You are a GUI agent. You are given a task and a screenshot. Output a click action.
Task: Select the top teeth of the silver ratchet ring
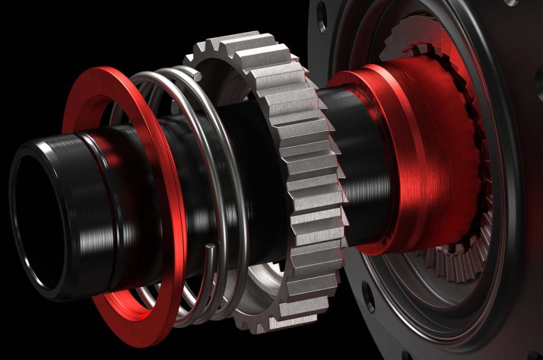pyautogui.click(x=243, y=53)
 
